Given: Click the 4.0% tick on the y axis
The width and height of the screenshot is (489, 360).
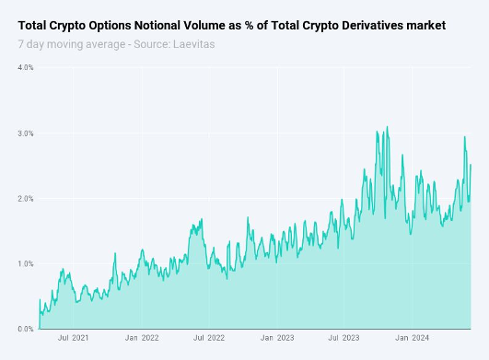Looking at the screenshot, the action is coord(26,67).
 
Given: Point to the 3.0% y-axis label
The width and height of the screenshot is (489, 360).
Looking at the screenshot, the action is coord(26,134).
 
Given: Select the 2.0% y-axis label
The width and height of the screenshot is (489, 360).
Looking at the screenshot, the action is coord(26,199).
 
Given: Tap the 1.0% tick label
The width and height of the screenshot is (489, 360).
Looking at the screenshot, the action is coord(26,263).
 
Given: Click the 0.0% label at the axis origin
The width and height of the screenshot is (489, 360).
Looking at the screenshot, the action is coord(26,329).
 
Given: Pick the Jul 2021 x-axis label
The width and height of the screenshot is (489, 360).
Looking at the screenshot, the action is coord(74,338).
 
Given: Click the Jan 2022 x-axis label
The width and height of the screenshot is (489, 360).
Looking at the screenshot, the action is coord(142,338).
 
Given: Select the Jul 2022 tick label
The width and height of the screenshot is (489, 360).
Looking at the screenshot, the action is coord(209,338).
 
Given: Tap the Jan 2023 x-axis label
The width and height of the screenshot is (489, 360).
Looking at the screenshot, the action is coord(277,338).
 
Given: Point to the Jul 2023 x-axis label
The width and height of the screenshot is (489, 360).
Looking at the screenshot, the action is coord(343,338).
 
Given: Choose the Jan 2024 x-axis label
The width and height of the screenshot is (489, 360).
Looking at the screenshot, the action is coord(412,338).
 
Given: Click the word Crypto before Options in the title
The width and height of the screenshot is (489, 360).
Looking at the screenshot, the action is coord(68,26).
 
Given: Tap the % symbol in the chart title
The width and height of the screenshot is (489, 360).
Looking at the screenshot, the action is coord(249,25).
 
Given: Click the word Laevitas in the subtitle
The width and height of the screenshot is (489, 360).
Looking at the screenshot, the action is coord(194,44).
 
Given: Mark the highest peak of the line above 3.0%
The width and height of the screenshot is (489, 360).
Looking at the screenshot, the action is coord(388,126).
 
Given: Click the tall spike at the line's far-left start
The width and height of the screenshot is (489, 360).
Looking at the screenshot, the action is coord(40,299).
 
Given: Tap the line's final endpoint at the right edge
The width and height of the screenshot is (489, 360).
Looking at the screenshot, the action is coord(471,165).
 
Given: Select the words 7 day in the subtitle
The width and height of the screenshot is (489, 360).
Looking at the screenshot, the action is coord(31,44).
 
